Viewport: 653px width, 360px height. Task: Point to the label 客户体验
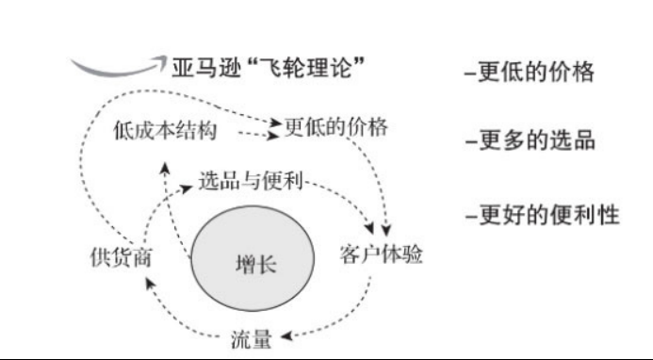tap(381, 256)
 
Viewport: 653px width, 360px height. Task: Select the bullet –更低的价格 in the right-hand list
tap(529, 72)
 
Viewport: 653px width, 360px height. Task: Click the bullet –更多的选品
tap(529, 142)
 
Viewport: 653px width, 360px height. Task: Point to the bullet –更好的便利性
tap(541, 215)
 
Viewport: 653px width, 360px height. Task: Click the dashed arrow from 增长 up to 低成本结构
tap(173, 203)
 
